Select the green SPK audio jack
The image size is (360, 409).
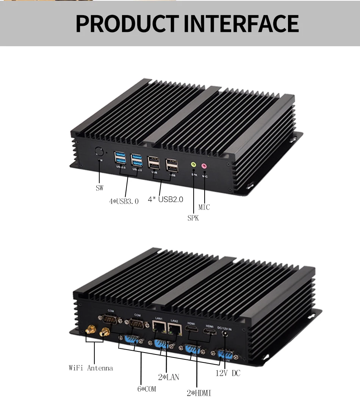193,165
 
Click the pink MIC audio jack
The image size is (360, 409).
204,166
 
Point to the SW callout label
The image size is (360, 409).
99,187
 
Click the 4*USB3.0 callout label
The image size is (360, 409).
124,201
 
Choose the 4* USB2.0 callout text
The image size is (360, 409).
165,199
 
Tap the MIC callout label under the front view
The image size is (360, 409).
204,207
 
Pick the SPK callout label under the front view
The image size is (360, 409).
193,218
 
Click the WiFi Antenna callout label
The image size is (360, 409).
91,368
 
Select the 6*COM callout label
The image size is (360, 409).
146,389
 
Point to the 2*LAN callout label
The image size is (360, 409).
168,377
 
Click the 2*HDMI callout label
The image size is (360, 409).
199,393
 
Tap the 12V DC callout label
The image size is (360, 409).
228,373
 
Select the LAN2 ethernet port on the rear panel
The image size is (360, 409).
175,329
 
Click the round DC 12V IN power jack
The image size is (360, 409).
226,334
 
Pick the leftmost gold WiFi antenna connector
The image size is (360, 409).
90,330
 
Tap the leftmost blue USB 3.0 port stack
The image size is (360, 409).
119,158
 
